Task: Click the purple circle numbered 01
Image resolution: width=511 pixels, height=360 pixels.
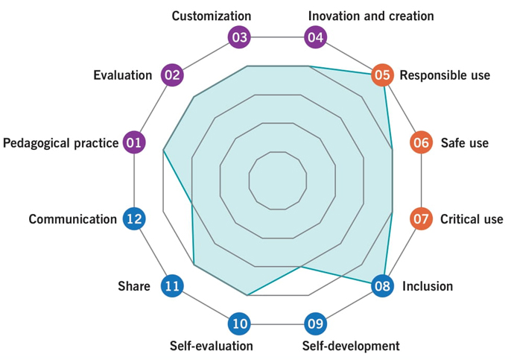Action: click(134, 142)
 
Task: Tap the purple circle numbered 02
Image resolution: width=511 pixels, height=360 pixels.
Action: click(173, 75)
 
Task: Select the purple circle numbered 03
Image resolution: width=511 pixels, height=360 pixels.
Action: click(239, 37)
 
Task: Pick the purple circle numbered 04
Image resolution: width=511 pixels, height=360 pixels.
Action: click(316, 37)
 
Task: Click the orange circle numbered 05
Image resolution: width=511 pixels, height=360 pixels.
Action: click(382, 75)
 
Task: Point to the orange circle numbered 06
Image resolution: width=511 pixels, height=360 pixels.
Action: click(421, 142)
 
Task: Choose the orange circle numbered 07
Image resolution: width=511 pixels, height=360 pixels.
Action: click(421, 219)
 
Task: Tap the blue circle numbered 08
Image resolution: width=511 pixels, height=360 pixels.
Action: click(382, 285)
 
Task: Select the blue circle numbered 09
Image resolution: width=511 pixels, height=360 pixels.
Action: click(316, 323)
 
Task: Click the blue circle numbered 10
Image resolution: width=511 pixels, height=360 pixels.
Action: click(239, 323)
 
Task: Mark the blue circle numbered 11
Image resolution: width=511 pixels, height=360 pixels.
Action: click(173, 285)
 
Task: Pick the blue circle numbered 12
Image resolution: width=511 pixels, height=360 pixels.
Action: click(134, 219)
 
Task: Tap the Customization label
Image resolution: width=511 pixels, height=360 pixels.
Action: click(212, 16)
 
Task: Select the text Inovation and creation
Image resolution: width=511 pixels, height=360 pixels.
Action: click(371, 16)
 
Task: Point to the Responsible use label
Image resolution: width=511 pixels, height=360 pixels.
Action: click(445, 75)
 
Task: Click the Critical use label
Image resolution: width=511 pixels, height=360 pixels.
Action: click(472, 219)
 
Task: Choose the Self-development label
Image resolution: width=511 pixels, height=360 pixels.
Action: click(351, 346)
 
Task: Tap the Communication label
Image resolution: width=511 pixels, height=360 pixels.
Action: click(73, 219)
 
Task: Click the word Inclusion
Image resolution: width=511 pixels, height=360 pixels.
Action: click(428, 286)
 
